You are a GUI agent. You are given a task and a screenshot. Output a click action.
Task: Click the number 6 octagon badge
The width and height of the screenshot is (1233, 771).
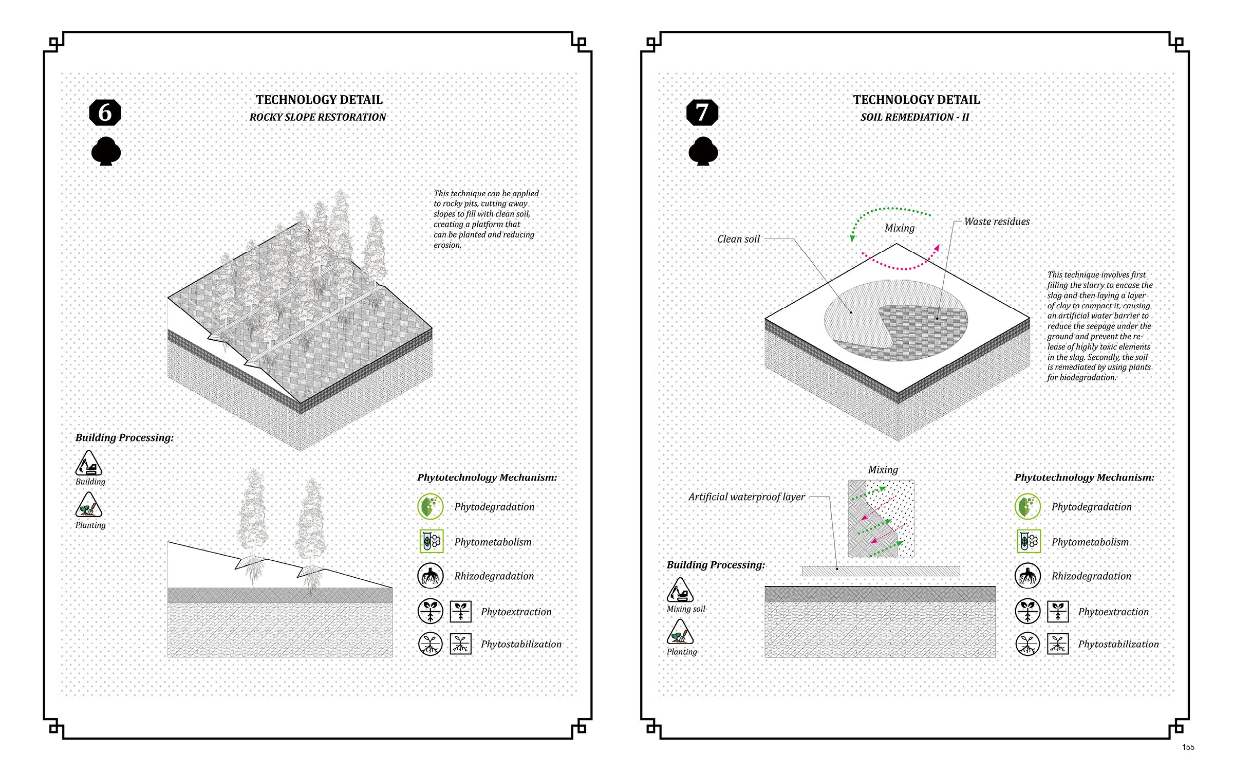pyautogui.click(x=105, y=113)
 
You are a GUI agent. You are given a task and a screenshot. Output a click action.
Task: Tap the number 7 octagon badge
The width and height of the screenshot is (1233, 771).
pyautogui.click(x=702, y=113)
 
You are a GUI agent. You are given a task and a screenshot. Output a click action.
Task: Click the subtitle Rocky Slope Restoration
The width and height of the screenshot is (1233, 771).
pyautogui.click(x=317, y=117)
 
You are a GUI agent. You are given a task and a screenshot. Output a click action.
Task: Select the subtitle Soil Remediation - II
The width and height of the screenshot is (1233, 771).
pyautogui.click(x=914, y=117)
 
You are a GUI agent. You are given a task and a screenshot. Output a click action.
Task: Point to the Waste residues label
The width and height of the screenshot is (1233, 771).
pyautogui.click(x=997, y=222)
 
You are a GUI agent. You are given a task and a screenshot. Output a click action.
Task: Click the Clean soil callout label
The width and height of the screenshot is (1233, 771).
pyautogui.click(x=738, y=239)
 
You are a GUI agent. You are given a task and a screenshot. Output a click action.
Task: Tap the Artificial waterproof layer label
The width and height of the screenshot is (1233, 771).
pyautogui.click(x=746, y=497)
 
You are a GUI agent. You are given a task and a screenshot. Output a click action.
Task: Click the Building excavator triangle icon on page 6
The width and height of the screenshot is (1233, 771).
pyautogui.click(x=89, y=465)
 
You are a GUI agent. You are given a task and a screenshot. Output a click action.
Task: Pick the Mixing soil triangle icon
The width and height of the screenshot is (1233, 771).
pyautogui.click(x=680, y=591)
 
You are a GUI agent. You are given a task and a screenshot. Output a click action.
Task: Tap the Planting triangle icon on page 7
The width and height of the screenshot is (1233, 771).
pyautogui.click(x=680, y=633)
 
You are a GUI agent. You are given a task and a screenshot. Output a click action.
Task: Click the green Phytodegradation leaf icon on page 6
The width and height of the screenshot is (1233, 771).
pyautogui.click(x=431, y=506)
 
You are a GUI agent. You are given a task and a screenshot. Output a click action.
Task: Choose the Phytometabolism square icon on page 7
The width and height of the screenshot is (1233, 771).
pyautogui.click(x=1029, y=541)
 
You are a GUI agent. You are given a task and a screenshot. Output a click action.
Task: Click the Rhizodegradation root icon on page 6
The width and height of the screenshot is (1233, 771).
pyautogui.click(x=431, y=576)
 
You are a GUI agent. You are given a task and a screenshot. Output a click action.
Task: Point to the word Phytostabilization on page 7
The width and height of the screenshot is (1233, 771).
pyautogui.click(x=1118, y=644)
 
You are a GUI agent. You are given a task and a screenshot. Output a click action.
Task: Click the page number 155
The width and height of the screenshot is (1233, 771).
pyautogui.click(x=1188, y=747)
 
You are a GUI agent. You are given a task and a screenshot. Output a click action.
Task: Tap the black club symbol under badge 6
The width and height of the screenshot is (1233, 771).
pyautogui.click(x=106, y=152)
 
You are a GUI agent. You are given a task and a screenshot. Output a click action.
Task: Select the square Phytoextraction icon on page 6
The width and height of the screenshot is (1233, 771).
pyautogui.click(x=461, y=612)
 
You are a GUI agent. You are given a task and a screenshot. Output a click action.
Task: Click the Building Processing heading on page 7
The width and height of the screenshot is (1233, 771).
pyautogui.click(x=716, y=565)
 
